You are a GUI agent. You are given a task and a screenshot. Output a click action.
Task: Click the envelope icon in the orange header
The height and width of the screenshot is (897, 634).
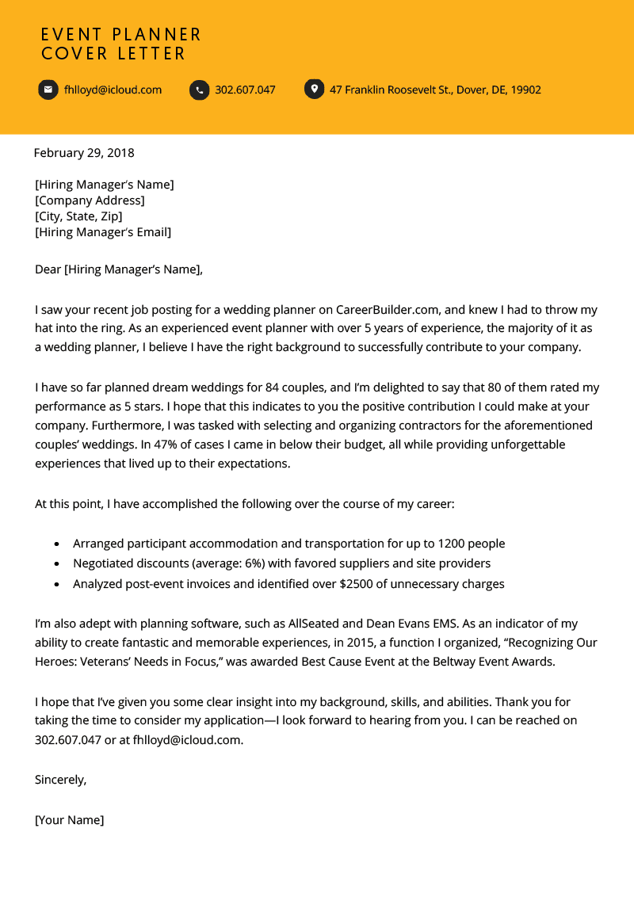tap(48, 90)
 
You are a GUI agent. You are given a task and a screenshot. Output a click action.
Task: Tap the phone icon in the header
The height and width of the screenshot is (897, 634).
tap(199, 90)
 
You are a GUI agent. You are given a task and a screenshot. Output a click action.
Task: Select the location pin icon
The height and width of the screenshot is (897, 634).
tap(314, 89)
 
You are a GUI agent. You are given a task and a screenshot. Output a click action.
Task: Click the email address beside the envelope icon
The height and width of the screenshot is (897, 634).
tap(113, 90)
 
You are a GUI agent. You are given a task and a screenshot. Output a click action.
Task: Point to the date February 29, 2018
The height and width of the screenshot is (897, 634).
tap(84, 153)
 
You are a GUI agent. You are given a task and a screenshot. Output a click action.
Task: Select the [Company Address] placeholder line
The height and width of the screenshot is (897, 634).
tap(90, 200)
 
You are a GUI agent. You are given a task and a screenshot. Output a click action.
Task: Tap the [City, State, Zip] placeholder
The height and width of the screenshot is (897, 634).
tap(78, 216)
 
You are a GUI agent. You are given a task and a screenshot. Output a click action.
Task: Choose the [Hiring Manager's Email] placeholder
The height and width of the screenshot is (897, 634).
tap(103, 232)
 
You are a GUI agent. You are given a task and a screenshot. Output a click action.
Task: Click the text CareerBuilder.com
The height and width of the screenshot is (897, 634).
tap(384, 310)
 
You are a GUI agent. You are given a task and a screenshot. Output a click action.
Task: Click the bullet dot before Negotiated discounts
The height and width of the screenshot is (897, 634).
tap(56, 564)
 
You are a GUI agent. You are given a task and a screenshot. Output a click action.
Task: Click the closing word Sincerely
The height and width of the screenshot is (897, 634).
tap(60, 780)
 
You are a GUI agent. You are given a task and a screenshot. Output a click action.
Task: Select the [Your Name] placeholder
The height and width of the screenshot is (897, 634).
tap(70, 820)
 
